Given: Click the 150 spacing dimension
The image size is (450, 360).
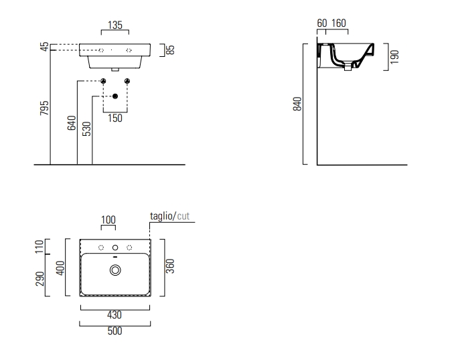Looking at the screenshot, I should point(115,118).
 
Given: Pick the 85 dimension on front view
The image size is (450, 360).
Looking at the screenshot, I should point(170,50).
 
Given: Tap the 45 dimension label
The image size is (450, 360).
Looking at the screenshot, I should point(44,48).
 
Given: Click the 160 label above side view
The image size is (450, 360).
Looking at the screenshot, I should point(339,24).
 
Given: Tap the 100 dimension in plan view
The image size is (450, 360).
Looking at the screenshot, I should point(108,219).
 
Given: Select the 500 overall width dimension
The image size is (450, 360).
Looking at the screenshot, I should point(115,331).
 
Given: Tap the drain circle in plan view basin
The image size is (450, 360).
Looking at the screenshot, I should point(115,270).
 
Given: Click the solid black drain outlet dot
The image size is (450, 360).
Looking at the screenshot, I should point(115,96).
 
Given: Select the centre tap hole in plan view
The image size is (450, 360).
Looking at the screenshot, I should point(115,248).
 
